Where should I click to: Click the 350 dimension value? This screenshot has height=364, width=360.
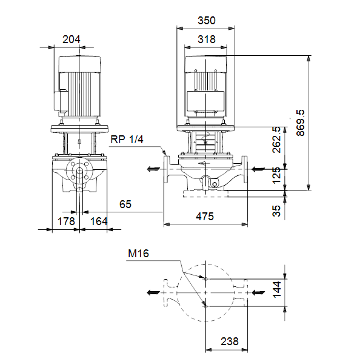coord(207,21)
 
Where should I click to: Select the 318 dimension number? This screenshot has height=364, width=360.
coord(207,39)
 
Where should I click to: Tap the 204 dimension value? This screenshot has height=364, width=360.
coord(71,39)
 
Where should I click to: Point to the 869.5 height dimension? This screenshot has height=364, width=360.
coord(301,123)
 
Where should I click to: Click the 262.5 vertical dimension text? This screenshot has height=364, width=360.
coord(276,140)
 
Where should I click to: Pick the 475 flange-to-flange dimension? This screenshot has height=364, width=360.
coord(205,217)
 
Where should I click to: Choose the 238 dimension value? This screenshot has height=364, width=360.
coord(230,341)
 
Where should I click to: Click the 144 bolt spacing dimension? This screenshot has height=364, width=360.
coord(277,289)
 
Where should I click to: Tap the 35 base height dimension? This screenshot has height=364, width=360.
coord(276,211)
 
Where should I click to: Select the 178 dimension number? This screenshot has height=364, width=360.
coord(66,221)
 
